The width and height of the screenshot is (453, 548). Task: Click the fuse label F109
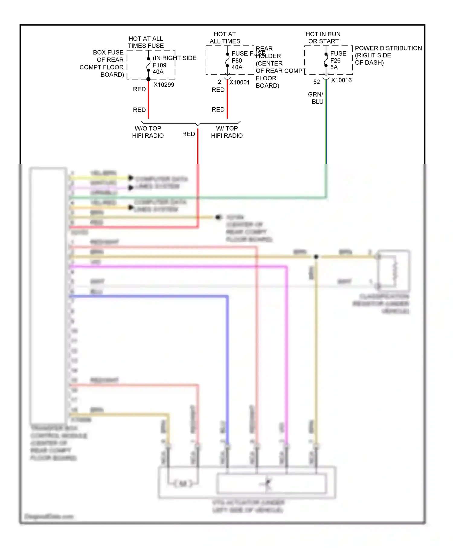(x=159, y=65)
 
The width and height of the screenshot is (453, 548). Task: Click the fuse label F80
(x=236, y=60)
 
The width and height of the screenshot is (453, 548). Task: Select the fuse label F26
(x=335, y=60)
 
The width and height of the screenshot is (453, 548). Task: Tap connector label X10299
(x=164, y=85)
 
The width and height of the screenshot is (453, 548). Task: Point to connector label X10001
(x=239, y=82)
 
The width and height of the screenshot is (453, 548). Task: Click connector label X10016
(x=341, y=80)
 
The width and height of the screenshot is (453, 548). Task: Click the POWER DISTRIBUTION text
(x=388, y=48)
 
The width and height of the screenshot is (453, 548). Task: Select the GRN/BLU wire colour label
(x=316, y=98)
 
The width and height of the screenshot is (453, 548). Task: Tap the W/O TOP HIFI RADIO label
(x=148, y=132)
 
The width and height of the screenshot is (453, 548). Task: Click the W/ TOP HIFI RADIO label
(x=227, y=132)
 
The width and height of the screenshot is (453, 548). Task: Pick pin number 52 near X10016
(x=316, y=82)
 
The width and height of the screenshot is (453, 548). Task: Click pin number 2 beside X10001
(x=220, y=82)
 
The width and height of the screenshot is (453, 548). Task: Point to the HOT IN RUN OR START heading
(x=323, y=38)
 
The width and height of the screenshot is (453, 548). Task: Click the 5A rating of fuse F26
(x=334, y=67)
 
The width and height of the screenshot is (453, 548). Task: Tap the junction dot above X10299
(x=148, y=79)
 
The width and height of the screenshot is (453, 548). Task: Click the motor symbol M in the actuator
(x=183, y=484)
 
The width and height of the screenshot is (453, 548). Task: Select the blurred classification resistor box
(x=394, y=270)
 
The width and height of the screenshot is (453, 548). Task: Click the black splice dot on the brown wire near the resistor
(x=316, y=257)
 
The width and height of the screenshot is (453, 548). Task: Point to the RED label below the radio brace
(x=188, y=134)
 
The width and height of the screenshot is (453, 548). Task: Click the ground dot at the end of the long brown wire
(x=218, y=217)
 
